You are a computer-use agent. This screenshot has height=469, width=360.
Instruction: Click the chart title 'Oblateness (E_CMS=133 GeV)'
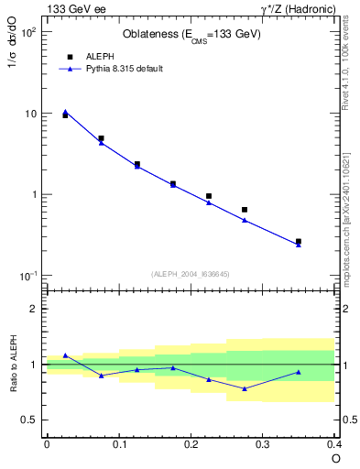(x=191, y=36)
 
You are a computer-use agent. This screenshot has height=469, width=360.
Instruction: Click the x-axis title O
(x=334, y=459)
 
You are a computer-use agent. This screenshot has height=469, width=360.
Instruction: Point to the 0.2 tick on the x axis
(x=191, y=444)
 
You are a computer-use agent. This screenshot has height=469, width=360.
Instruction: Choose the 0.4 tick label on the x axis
(x=333, y=444)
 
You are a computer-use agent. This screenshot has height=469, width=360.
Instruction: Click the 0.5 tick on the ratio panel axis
(x=32, y=420)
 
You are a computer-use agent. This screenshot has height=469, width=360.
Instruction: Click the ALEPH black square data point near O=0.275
(x=245, y=210)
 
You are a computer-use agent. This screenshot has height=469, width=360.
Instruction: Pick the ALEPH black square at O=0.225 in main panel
(x=209, y=196)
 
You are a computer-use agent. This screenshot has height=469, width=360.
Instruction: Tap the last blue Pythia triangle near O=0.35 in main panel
(x=299, y=245)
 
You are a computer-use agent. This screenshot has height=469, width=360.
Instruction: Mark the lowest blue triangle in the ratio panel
(x=245, y=388)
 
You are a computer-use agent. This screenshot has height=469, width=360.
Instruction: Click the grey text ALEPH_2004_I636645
(x=191, y=273)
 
